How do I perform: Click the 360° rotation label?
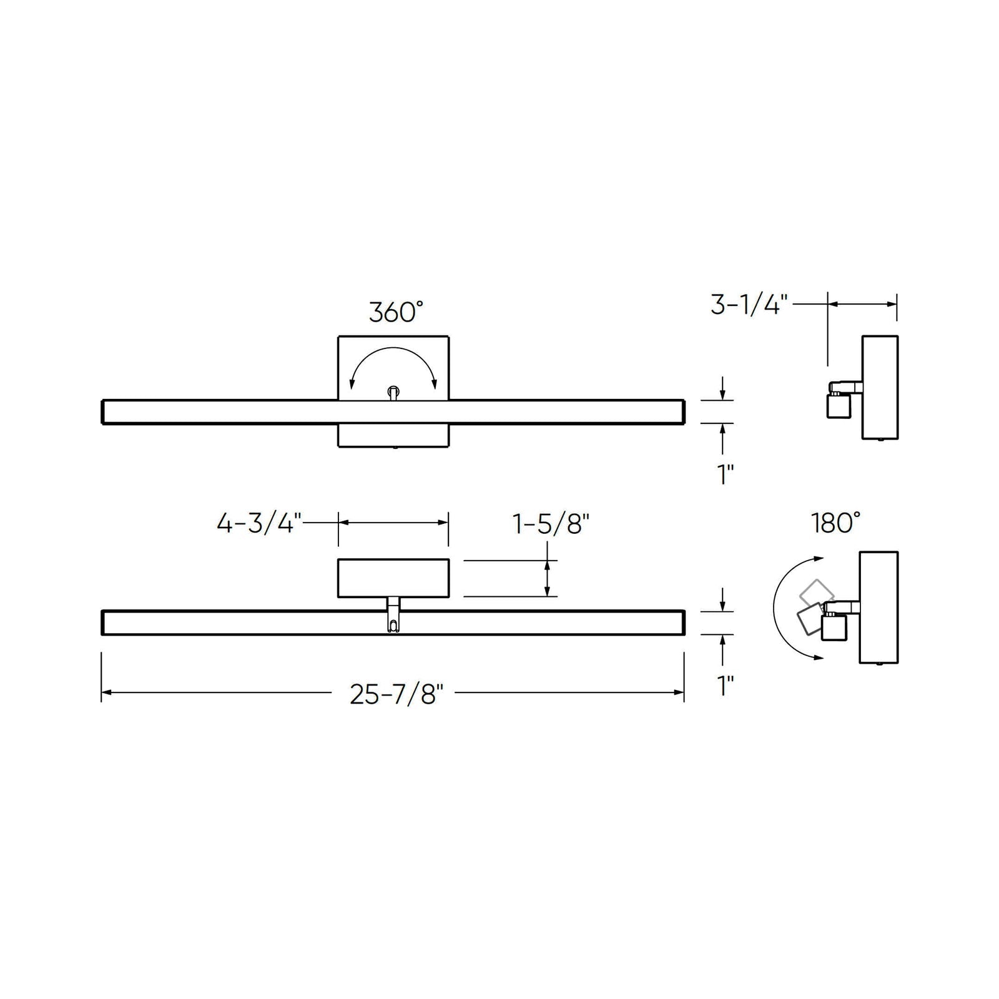click(396, 312)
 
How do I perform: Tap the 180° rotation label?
click(836, 523)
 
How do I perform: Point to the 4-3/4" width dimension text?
click(259, 523)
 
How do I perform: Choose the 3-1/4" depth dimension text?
click(749, 305)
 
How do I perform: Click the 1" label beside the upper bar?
click(725, 475)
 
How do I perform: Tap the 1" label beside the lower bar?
click(725, 686)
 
